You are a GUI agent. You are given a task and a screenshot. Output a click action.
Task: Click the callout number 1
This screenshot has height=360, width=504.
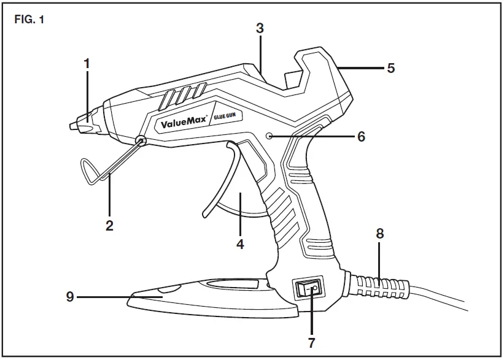pyautogui.click(x=87, y=63)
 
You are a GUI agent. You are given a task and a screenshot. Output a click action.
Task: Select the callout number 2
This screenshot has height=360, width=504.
pyautogui.click(x=109, y=225)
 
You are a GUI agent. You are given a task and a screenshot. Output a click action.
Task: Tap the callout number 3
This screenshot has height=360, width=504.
pyautogui.click(x=260, y=28)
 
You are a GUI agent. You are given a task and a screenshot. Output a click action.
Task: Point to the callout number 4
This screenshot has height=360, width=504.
pyautogui.click(x=241, y=243)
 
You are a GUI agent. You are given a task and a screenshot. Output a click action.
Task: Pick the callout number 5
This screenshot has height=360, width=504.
pyautogui.click(x=390, y=67)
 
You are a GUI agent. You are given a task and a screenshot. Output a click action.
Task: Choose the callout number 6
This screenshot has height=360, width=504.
pyautogui.click(x=361, y=137)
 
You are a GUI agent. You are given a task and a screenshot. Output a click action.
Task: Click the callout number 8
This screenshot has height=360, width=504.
pyautogui.click(x=379, y=233)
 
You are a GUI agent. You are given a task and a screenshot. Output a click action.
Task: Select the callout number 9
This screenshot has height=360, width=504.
pyautogui.click(x=71, y=297)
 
